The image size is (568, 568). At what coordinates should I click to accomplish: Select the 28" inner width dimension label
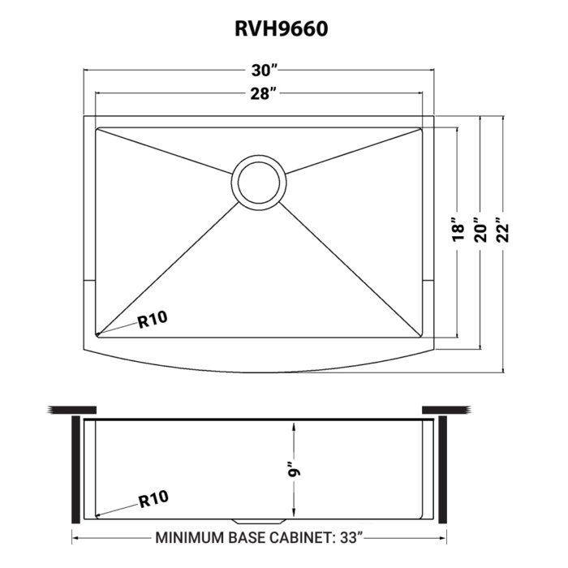point(260,94)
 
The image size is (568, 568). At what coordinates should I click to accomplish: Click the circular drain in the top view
point(260,182)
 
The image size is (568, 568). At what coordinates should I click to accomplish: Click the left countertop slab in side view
point(72,407)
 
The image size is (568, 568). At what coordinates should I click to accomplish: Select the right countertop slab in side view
point(447,407)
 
